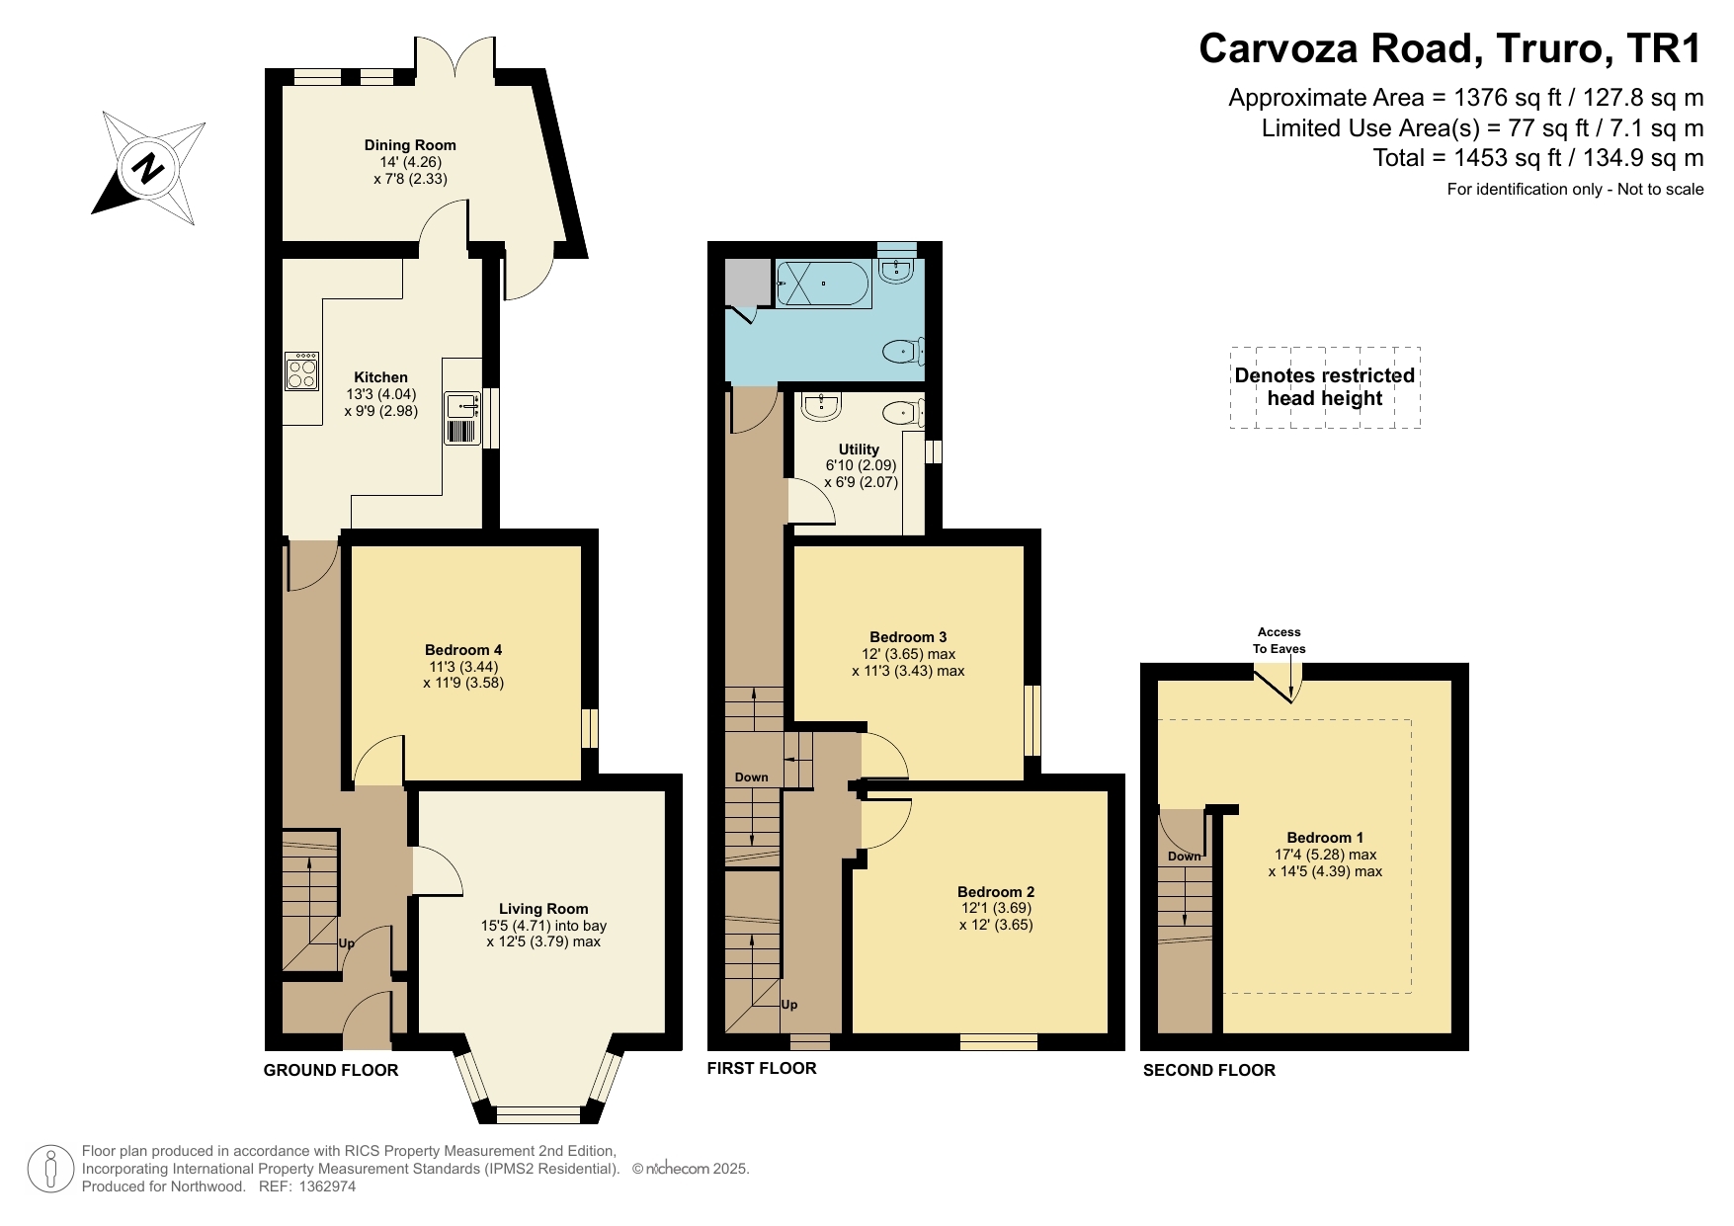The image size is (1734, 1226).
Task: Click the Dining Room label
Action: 410,145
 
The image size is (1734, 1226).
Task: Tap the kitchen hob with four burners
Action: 301,371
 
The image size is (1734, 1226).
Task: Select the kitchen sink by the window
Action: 461,407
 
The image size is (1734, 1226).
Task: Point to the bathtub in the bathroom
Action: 822,284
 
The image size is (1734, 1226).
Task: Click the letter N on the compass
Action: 149,169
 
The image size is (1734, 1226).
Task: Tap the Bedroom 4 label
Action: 463,650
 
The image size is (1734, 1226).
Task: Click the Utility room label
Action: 859,450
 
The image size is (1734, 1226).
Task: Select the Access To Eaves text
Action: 1280,640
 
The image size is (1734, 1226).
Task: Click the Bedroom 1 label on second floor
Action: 1325,838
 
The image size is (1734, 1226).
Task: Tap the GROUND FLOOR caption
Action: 331,1070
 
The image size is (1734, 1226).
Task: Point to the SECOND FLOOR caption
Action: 1209,1070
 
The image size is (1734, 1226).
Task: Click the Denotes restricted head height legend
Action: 1325,387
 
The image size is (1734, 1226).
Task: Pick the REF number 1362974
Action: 326,1186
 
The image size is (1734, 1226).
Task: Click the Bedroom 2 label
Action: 996,891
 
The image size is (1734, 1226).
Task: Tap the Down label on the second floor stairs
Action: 1184,857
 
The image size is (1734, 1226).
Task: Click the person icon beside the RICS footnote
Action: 49,1169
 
